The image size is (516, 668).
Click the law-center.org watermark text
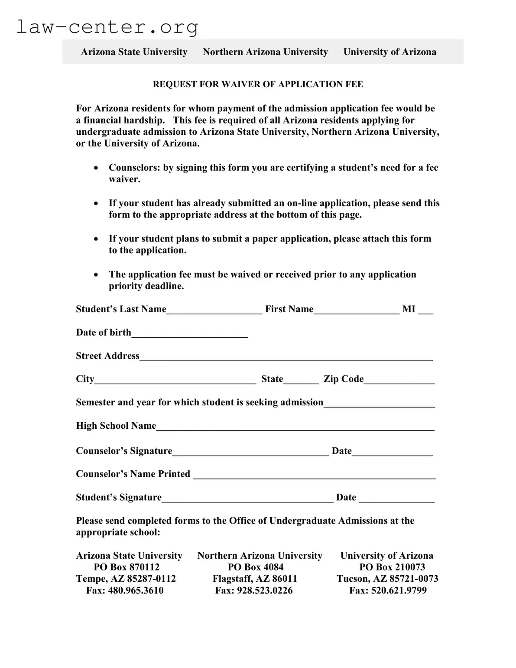coord(107,27)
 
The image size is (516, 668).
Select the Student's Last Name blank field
coord(214,310)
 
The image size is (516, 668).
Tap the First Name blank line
coord(356,310)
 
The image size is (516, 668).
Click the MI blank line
coord(425,310)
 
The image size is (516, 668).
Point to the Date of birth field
coord(189,333)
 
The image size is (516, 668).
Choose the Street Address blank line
coord(286,356)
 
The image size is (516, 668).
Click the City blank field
coord(175,380)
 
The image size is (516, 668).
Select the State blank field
coord(301,380)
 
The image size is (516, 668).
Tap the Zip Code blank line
coord(399,380)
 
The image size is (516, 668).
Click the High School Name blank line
coord(295,427)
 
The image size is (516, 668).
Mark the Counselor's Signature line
coord(250,452)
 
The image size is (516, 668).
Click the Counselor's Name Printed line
coord(314,475)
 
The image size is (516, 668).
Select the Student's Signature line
coord(247,498)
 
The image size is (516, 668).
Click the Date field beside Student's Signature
coord(396,498)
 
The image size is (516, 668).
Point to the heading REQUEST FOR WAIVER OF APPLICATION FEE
coord(258,84)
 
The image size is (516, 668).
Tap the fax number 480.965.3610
coord(136,590)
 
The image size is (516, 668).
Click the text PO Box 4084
coord(256,567)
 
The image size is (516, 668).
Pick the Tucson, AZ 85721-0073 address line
coord(387,579)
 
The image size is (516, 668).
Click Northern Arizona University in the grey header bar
coord(265,52)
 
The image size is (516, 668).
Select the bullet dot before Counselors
coord(96,168)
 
